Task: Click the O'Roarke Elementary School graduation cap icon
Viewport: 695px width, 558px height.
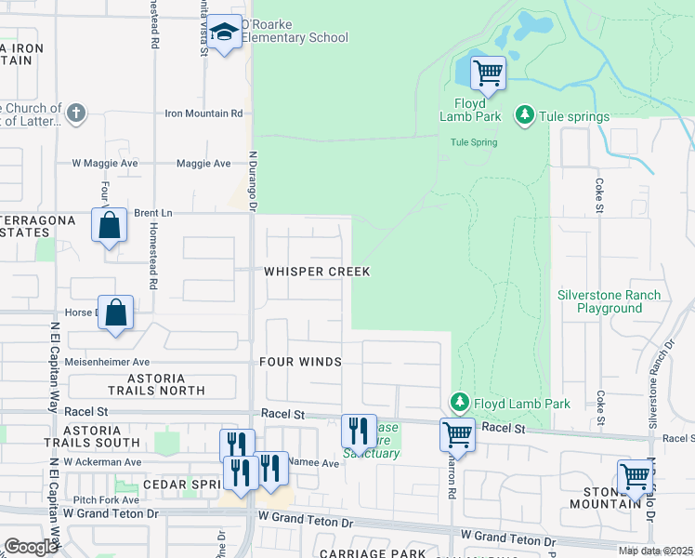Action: (x=223, y=33)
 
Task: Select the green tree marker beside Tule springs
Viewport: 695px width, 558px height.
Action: (x=525, y=115)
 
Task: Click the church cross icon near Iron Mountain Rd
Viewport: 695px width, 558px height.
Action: (x=76, y=113)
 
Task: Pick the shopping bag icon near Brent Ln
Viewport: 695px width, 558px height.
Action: (x=109, y=225)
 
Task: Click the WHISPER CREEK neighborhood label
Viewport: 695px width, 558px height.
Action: (x=317, y=272)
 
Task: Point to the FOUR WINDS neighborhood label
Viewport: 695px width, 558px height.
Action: (x=300, y=362)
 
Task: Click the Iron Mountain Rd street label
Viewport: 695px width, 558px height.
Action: (x=203, y=113)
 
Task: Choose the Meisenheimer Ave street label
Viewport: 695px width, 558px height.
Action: (x=107, y=362)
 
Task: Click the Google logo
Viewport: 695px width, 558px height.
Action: (x=31, y=547)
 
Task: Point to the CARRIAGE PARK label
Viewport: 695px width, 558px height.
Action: (x=359, y=553)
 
